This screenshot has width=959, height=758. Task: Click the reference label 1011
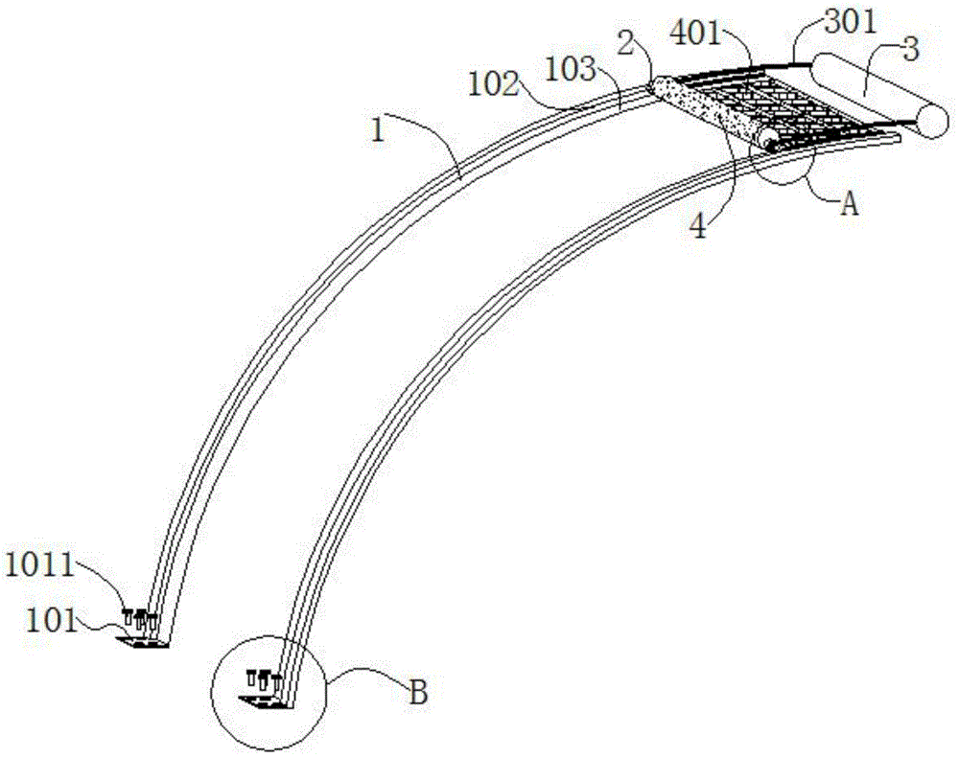coord(39,565)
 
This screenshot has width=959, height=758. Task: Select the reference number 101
coord(52,621)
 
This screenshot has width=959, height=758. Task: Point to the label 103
coord(570,69)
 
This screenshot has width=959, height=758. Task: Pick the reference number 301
coord(850,23)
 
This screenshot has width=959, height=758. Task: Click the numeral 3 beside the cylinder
coord(911,50)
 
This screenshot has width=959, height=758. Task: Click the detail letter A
coord(849,203)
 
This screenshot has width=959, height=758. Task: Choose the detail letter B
coord(418,693)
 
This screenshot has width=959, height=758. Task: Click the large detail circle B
coord(327,693)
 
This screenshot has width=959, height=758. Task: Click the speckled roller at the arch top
coord(707,110)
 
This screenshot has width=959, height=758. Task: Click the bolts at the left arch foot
coord(139,620)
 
